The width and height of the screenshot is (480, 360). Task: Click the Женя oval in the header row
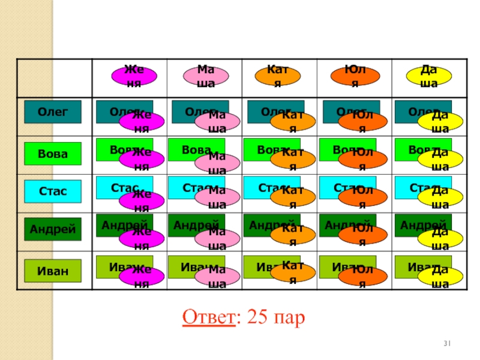pyautogui.click(x=135, y=76)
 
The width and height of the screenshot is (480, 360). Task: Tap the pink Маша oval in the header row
pyautogui.click(x=206, y=76)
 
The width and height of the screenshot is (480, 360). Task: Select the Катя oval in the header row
pyautogui.click(x=277, y=76)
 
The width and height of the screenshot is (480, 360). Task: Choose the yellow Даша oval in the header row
pyautogui.click(x=428, y=76)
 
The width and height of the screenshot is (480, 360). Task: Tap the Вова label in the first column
pyautogui.click(x=52, y=154)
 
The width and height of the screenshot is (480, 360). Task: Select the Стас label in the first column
pyautogui.click(x=52, y=191)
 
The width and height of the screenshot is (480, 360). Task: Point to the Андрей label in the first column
pyautogui.click(x=52, y=229)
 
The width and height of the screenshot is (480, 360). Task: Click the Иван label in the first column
pyautogui.click(x=52, y=271)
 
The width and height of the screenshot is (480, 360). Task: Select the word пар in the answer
pyautogui.click(x=288, y=316)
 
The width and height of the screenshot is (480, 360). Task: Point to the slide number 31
pyautogui.click(x=446, y=343)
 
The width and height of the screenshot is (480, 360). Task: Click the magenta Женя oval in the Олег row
pyautogui.click(x=142, y=121)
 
